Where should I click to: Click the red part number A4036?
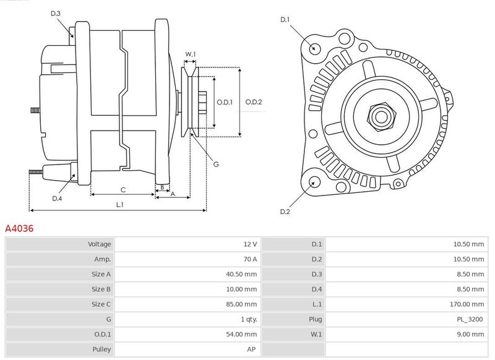(x=19, y=228)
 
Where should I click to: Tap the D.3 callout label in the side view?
(x=55, y=13)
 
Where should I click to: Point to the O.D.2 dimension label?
(x=254, y=102)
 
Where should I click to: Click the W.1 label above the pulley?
(x=191, y=54)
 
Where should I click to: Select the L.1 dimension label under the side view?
(x=119, y=205)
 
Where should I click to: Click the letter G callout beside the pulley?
(x=216, y=164)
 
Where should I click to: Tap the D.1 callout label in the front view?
(x=285, y=20)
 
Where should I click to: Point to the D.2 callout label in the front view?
(x=285, y=212)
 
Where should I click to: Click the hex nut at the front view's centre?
(x=381, y=116)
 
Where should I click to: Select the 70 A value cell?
(x=250, y=259)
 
